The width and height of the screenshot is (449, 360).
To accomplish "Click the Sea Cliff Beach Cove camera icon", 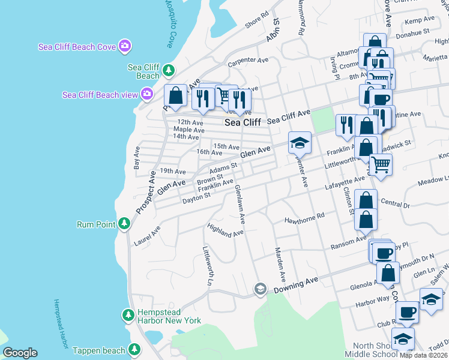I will [125, 46].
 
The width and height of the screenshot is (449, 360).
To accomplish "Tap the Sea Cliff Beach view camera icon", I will [146, 94].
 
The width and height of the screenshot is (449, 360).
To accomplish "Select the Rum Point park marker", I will [124, 224].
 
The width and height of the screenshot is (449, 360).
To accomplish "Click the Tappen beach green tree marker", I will [134, 349].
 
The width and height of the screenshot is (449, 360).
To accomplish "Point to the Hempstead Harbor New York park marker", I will [128, 315].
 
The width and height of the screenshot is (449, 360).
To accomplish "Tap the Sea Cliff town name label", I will [243, 122].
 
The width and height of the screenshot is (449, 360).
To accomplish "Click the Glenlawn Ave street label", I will [240, 205].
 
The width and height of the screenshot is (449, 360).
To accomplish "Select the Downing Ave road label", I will [295, 285].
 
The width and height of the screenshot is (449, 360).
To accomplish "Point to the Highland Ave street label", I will [225, 230].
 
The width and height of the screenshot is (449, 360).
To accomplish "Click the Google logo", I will [20, 353].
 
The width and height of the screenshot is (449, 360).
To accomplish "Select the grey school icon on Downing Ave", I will [259, 289].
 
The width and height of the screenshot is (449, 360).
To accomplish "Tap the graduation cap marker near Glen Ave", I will [300, 143].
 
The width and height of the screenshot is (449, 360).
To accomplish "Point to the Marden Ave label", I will [279, 265].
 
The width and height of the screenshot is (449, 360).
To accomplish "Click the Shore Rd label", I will [256, 23].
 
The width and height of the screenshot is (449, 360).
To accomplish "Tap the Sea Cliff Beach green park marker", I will [169, 71].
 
